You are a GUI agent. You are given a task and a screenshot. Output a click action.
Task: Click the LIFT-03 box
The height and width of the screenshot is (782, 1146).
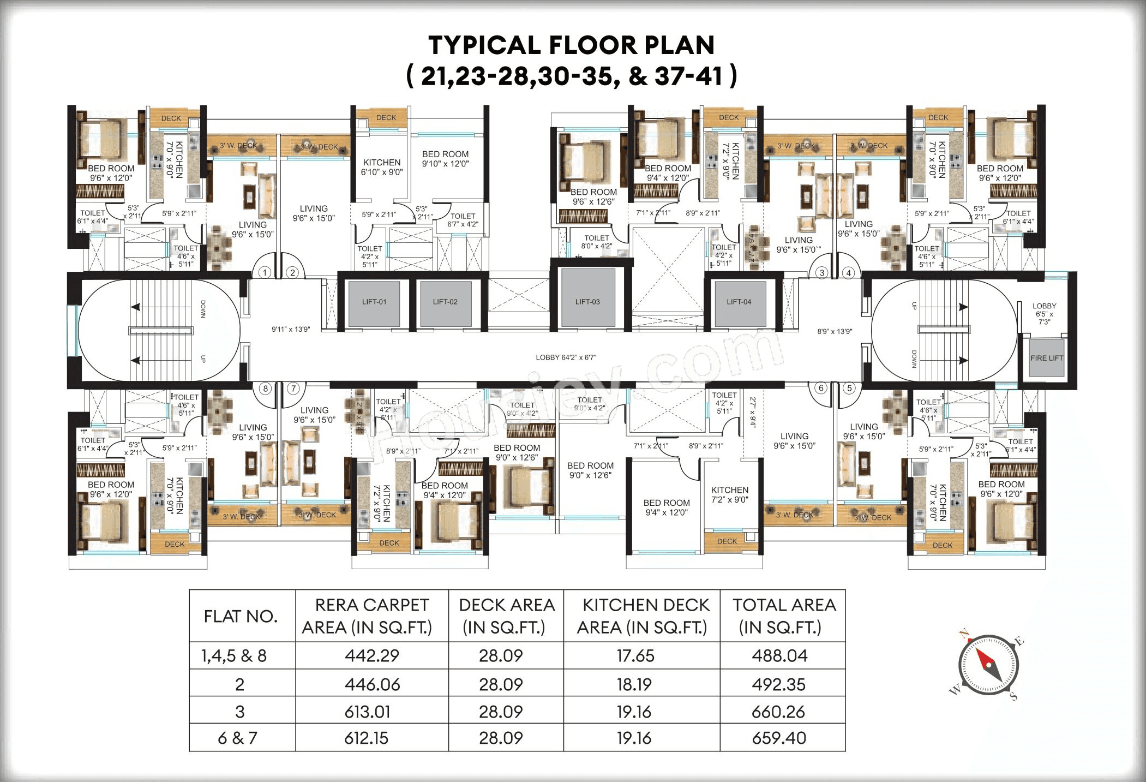coord(587,301)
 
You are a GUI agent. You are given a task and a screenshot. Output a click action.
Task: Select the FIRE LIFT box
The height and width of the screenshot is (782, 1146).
coord(1046,358)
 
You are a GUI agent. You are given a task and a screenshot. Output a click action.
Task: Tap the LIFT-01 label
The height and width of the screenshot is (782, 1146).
coord(374,302)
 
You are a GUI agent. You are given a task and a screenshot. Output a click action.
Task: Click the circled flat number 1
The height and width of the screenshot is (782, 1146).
coord(265,272)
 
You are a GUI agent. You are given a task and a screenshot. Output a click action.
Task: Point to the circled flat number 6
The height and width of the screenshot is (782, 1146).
coord(821,388)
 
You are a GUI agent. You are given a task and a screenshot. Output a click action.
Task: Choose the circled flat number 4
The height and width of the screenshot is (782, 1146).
coord(848,273)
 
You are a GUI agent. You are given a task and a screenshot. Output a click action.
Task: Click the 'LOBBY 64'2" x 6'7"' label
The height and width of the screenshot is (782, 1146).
coord(566,357)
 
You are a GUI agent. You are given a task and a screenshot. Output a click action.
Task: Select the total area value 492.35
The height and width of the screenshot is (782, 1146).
coord(778,684)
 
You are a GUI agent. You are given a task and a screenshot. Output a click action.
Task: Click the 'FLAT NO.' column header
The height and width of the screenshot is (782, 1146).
coord(241,616)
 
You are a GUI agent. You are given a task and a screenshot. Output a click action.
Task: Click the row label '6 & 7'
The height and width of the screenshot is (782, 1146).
coord(237,738)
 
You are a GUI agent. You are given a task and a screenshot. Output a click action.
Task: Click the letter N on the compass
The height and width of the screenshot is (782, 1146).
coord(964,634)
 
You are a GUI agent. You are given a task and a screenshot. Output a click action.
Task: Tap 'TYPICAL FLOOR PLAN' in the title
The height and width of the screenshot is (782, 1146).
coord(571,45)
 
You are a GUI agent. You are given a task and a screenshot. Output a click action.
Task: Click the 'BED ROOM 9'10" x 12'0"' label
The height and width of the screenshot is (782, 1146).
coord(445,159)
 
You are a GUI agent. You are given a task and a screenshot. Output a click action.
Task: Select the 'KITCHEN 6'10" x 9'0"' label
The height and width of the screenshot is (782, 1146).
coord(382,167)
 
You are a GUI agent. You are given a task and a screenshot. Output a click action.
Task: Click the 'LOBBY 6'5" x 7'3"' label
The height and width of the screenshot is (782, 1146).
coord(1044,314)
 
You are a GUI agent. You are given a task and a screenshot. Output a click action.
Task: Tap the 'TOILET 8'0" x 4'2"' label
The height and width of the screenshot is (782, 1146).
coord(596,242)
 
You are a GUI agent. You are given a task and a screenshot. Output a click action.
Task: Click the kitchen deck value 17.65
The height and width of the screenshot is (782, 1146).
coord(635,656)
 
